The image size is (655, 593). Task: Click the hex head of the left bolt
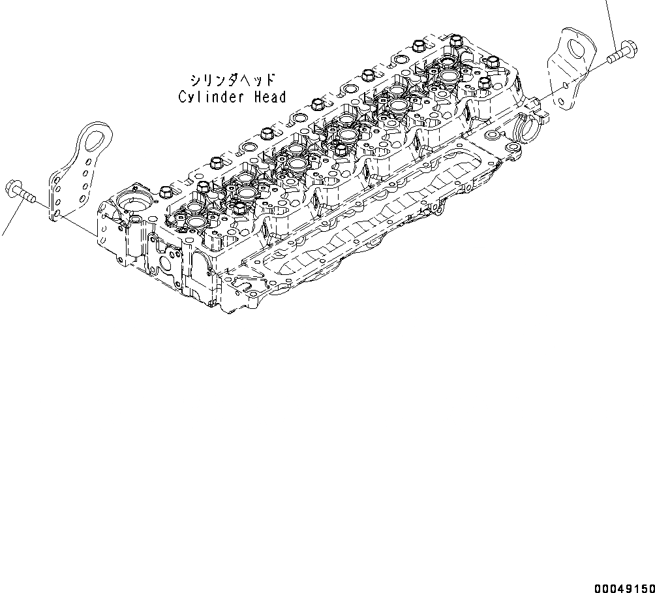(13, 188)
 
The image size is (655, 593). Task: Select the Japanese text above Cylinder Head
(232, 80)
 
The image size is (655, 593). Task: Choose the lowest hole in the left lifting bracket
(57, 214)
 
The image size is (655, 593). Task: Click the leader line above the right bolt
(611, 20)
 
